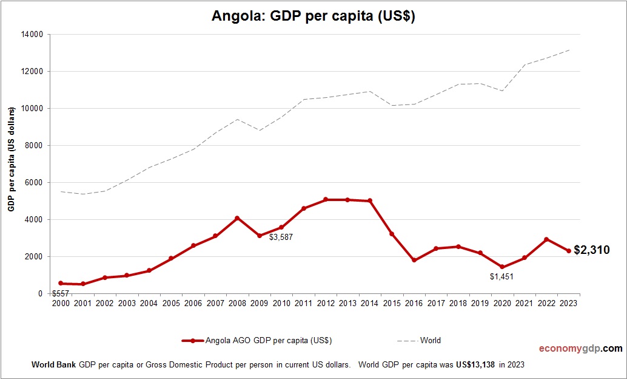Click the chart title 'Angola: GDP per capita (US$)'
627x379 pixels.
point(313,16)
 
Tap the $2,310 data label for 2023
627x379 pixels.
point(591,250)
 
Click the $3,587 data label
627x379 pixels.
point(281,237)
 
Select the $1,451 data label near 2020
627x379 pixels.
point(501,276)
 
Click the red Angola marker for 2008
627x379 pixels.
point(237,218)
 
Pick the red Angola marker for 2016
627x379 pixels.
point(414,260)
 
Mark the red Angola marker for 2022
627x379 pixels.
point(546,239)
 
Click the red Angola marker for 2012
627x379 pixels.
point(325,199)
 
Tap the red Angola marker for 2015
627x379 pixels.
point(392,234)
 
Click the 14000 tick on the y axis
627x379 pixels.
point(32,35)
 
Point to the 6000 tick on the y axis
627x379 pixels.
point(33,183)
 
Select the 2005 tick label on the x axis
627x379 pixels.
point(171,303)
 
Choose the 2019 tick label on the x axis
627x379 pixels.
point(480,303)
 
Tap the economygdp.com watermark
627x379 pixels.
point(580,349)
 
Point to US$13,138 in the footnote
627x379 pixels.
point(475,365)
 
